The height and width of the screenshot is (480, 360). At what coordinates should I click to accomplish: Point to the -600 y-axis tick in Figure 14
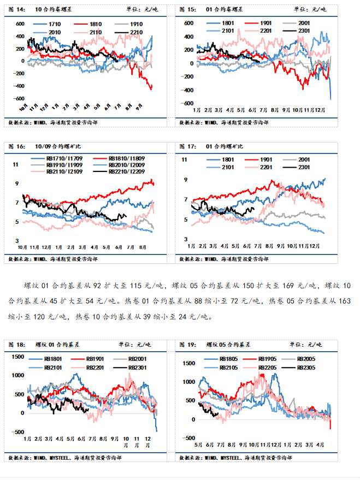(18, 99)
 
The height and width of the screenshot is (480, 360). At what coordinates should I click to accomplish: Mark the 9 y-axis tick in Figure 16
(16, 183)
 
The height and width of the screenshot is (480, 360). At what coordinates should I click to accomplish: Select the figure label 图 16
(15, 146)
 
